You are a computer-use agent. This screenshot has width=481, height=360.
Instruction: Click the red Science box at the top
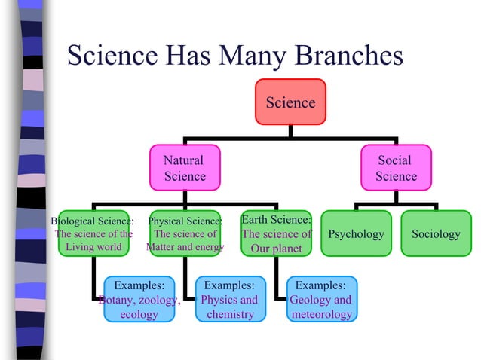click(290, 102)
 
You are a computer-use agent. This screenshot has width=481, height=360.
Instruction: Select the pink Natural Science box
click(185, 168)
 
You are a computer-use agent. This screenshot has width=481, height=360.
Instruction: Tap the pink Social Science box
click(396, 168)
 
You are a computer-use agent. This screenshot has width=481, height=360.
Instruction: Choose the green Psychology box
click(356, 234)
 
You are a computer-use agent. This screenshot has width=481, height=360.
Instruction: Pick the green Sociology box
click(436, 234)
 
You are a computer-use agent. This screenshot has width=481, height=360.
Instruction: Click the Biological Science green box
click(93, 234)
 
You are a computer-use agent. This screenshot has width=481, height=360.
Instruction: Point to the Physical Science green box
click(185, 234)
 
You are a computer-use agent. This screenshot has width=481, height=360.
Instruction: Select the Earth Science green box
click(276, 233)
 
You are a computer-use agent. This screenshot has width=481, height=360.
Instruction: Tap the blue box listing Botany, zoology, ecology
click(139, 300)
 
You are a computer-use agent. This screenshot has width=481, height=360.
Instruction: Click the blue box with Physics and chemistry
click(230, 300)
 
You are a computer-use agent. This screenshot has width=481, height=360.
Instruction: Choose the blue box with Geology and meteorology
click(320, 300)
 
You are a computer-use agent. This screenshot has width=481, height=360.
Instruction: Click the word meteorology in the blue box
click(321, 314)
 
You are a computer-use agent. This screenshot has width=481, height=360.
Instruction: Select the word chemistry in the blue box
click(230, 314)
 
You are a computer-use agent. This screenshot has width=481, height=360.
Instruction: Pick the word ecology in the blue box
click(139, 314)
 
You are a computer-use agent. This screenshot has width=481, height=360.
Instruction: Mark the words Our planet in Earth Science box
click(276, 249)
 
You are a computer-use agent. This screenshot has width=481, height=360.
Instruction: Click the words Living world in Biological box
click(93, 247)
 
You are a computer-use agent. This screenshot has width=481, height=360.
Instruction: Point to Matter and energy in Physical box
click(185, 247)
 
